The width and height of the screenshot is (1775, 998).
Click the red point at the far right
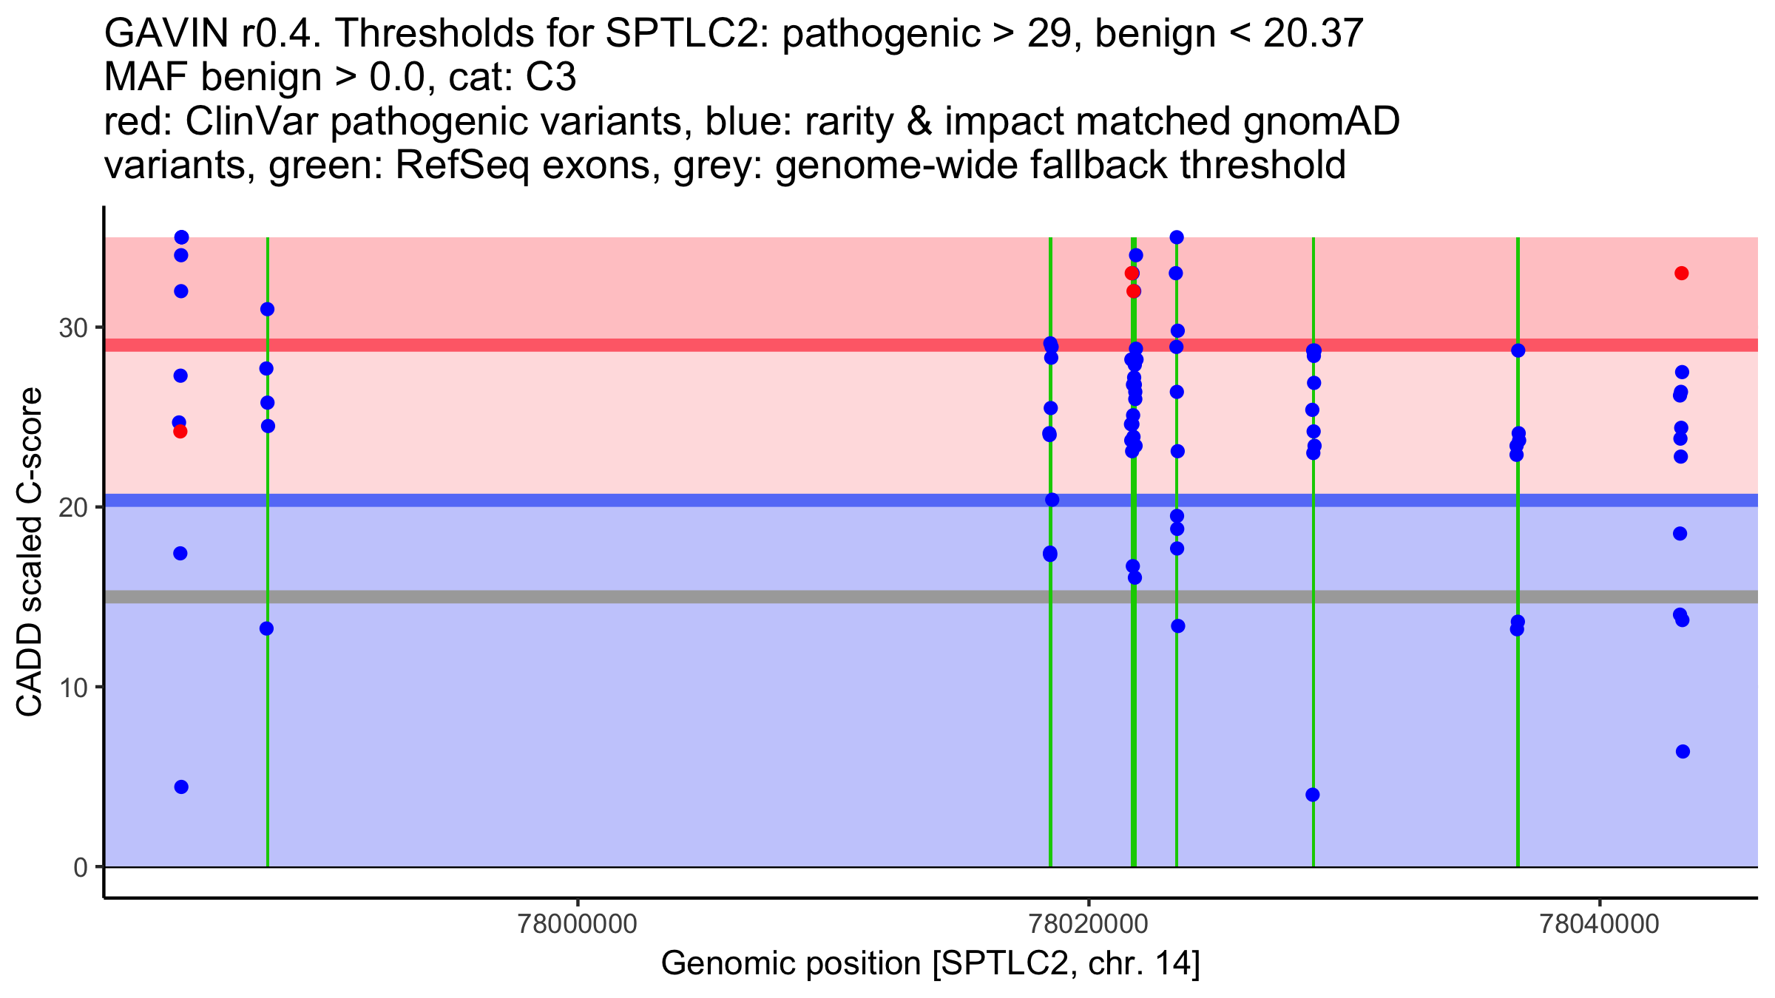[1681, 274]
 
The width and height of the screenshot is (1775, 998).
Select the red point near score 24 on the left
[180, 432]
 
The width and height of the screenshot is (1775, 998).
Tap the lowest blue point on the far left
[181, 787]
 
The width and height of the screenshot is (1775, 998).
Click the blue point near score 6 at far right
[1683, 752]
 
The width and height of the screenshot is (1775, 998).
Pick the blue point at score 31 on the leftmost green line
[268, 309]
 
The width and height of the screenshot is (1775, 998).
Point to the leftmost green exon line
[268, 739]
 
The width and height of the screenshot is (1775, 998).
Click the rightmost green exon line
[1518, 739]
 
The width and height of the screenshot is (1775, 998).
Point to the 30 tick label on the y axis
[73, 327]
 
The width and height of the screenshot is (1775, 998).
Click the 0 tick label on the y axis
[81, 867]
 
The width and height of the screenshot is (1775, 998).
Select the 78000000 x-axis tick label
[578, 924]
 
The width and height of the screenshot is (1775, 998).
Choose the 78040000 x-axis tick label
[1600, 924]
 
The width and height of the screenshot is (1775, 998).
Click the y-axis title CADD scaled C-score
[30, 552]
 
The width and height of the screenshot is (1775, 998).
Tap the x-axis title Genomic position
[930, 964]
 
